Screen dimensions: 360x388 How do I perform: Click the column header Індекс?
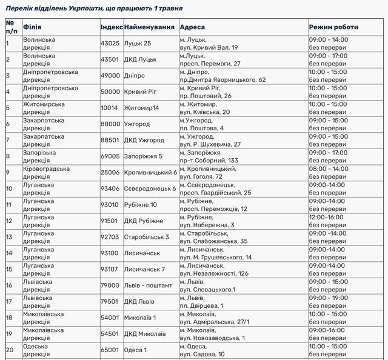(x=112, y=27)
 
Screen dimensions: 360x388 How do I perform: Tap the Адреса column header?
(x=192, y=27)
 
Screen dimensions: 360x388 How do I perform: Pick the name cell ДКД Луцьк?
(x=140, y=59)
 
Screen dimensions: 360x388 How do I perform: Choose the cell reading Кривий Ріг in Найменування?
(x=141, y=92)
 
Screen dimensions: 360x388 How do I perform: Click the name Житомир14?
(x=141, y=108)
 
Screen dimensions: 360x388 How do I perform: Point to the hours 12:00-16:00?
(x=326, y=216)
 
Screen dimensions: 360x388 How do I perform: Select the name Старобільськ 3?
(x=146, y=237)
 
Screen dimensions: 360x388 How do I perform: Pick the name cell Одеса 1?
(x=135, y=350)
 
